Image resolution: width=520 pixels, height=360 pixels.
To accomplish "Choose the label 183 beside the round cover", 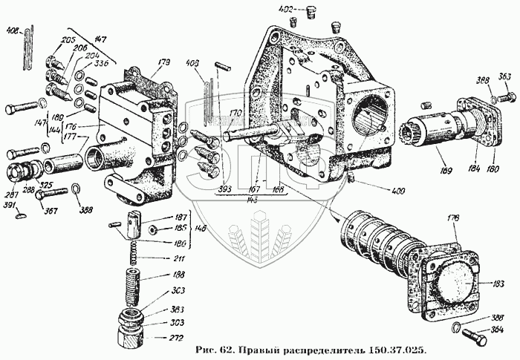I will (x=487, y=284).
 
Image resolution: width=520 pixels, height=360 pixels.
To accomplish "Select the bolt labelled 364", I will (x=472, y=338).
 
